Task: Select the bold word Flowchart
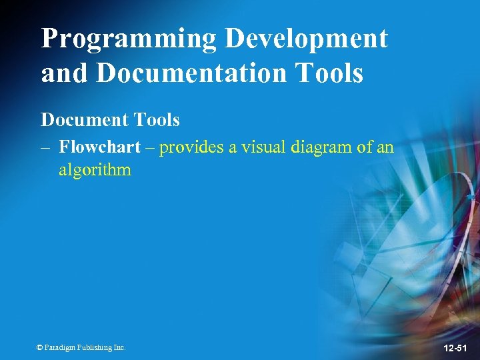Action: click(99, 147)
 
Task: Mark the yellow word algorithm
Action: click(95, 170)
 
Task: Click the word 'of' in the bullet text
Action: click(365, 147)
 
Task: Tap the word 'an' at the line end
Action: click(385, 147)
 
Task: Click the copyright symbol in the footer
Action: click(39, 347)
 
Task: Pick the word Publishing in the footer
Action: click(94, 347)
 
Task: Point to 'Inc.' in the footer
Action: click(119, 347)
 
